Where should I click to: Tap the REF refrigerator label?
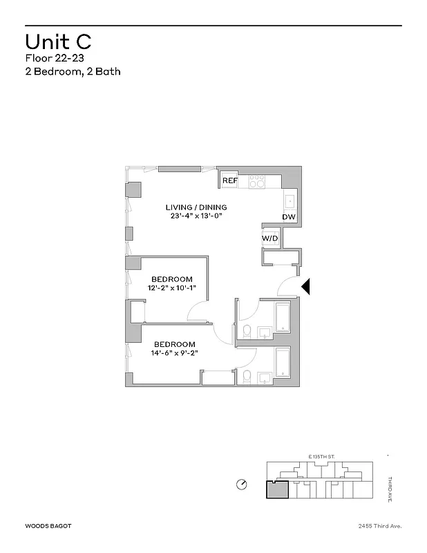229,181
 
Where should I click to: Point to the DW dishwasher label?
288,217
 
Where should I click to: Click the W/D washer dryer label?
269,238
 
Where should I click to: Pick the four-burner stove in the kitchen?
256,181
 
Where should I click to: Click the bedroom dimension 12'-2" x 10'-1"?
171,288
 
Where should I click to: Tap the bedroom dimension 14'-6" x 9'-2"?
174,353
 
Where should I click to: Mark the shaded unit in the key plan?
276,489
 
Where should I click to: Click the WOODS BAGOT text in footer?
49,526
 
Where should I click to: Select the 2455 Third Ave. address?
376,526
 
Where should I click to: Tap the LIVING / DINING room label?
196,207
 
